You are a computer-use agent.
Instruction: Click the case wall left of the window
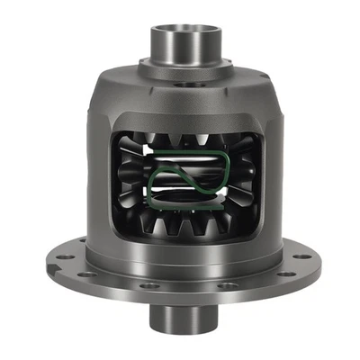pyautogui.click(x=99, y=180)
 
